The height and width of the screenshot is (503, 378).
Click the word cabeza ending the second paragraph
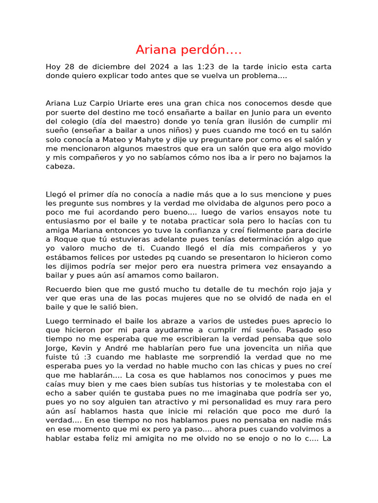pyautogui.click(x=60, y=167)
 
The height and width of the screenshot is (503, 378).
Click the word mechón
pyautogui.click(x=263, y=289)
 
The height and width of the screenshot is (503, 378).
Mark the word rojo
pyautogui.click(x=290, y=289)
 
